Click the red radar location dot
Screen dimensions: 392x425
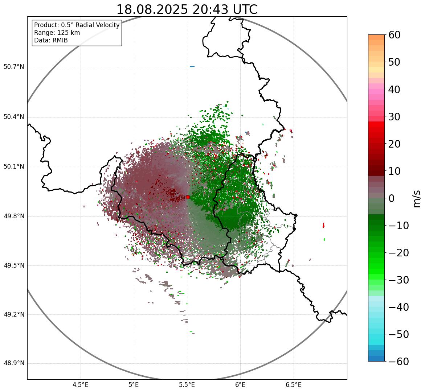coord(188,197)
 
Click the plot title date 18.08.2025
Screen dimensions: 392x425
coord(152,9)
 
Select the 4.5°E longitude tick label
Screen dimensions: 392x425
coord(81,385)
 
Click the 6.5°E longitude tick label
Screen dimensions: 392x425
coord(293,385)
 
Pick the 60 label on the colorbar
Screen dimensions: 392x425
coord(395,35)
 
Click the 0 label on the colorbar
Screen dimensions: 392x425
coord(392,198)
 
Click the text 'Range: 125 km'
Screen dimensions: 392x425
coord(57,33)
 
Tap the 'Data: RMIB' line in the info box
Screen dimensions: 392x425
coord(51,40)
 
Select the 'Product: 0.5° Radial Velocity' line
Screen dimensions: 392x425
coord(77,25)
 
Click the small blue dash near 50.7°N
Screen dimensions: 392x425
coord(192,66)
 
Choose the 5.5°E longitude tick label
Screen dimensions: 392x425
coord(187,385)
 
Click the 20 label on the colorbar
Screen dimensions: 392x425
coord(395,144)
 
